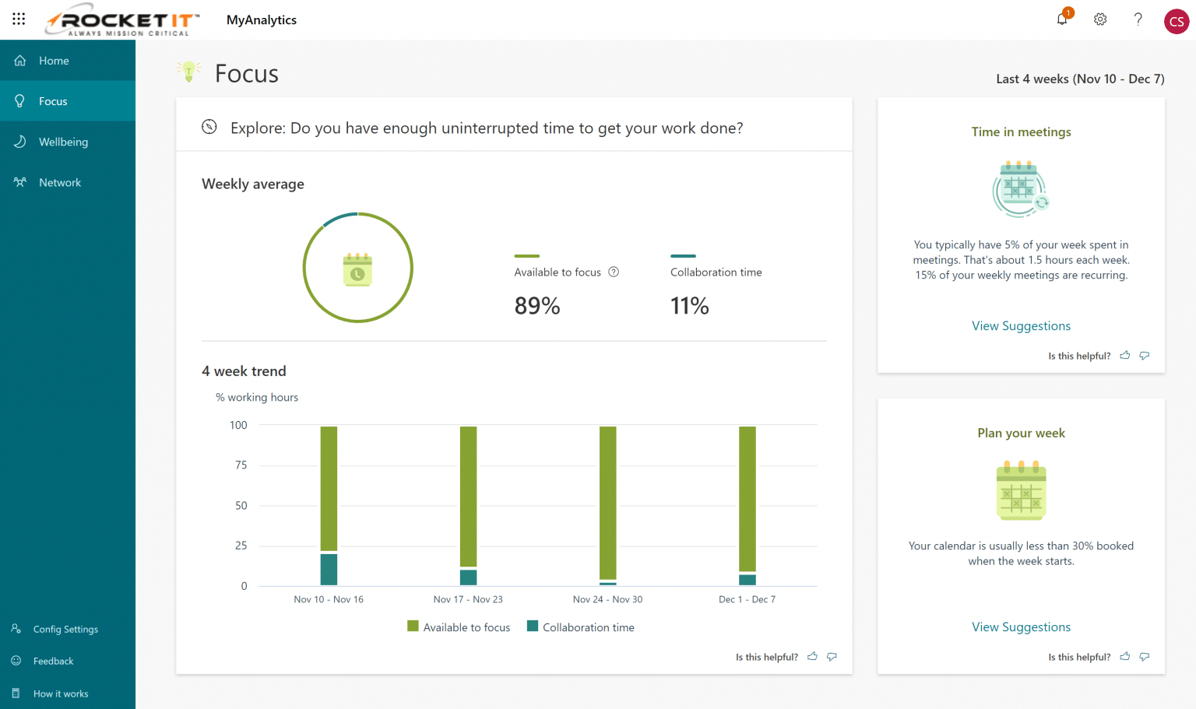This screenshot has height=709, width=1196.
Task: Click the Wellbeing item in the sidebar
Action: pos(63,142)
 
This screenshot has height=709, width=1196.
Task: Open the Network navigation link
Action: pos(60,182)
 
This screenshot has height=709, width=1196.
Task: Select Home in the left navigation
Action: pos(54,61)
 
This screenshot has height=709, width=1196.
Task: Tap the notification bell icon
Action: pos(1062,19)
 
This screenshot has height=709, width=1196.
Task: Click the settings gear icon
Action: pos(1100,19)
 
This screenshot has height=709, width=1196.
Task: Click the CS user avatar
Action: pos(1176,22)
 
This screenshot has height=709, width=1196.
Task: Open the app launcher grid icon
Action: pos(19,19)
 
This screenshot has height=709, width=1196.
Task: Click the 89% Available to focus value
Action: pos(537,306)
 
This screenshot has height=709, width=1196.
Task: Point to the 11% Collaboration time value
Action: pos(689,306)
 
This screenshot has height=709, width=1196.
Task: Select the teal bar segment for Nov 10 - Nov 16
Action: pos(329,569)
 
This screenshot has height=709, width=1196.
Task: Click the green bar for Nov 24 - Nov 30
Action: pos(607,502)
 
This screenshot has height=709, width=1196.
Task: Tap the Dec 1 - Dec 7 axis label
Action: pos(747,599)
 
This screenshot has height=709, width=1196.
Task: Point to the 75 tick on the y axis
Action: pos(241,465)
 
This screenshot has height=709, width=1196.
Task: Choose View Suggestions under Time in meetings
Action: pos(1021,326)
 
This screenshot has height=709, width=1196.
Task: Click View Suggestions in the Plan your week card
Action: pos(1021,627)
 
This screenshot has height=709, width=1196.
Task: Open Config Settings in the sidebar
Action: pos(65,629)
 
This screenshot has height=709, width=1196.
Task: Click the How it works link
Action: pos(61,693)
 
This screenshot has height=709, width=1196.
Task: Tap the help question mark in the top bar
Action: pos(1138,19)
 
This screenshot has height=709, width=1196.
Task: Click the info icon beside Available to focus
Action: pos(614,272)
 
